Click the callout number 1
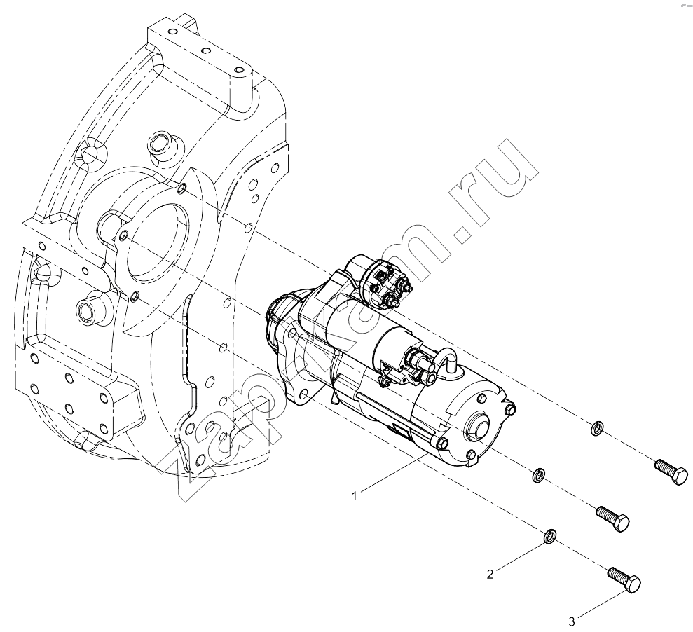pos(354,496)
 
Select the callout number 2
pos(490,574)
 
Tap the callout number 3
pos(572,621)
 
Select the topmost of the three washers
pos(596,427)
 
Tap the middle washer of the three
pos(538,474)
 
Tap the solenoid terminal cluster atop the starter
pos(385,285)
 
